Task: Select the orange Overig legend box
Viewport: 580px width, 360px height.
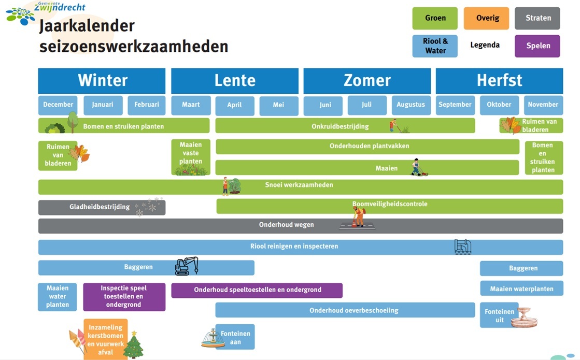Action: click(486, 18)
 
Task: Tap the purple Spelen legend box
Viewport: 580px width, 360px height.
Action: click(537, 46)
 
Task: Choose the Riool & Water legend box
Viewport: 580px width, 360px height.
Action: click(435, 46)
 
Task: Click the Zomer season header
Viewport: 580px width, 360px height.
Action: click(366, 81)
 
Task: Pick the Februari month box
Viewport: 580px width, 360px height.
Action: click(146, 105)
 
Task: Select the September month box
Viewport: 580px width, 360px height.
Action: click(455, 105)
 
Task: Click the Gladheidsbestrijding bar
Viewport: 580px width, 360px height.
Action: click(101, 207)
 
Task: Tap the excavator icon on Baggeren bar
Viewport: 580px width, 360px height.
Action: click(186, 266)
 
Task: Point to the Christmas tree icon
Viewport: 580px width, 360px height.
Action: click(134, 345)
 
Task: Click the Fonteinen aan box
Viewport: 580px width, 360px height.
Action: click(235, 337)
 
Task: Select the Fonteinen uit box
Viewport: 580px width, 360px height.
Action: click(499, 315)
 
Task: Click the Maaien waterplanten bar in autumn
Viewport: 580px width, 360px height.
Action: click(521, 289)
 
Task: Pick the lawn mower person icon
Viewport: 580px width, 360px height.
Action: click(417, 167)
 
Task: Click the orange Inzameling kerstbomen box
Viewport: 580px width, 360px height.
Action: click(105, 339)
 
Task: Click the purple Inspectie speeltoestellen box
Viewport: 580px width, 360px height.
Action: click(124, 296)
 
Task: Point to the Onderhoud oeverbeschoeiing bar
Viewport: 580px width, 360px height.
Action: click(345, 310)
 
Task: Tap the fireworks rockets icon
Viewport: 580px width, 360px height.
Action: click(77, 340)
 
